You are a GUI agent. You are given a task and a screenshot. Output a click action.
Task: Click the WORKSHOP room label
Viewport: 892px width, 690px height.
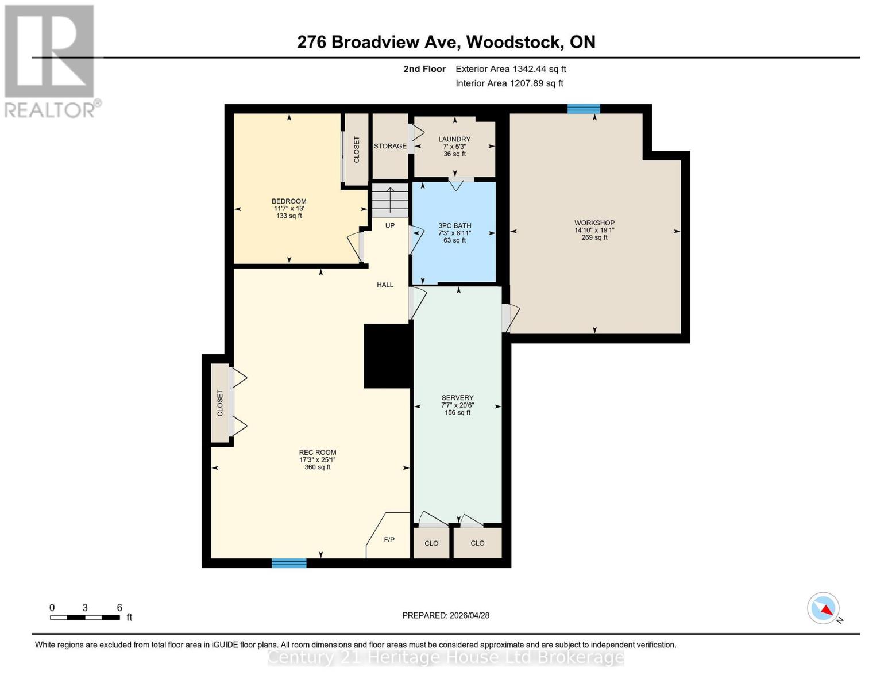point(594,223)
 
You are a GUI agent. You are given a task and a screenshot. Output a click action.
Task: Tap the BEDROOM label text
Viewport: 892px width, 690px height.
point(289,201)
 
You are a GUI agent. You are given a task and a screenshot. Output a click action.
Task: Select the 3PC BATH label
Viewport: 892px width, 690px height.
point(454,226)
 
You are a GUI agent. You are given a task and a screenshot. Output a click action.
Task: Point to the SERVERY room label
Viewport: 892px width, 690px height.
point(457,398)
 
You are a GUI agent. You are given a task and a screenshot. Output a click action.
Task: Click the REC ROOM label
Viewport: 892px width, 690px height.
point(318,453)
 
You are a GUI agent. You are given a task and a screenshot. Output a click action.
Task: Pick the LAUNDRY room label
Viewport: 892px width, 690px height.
point(454,139)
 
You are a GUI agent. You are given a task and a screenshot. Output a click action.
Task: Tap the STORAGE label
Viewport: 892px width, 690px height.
point(390,146)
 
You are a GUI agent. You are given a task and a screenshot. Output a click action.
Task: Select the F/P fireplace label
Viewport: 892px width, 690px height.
point(389,540)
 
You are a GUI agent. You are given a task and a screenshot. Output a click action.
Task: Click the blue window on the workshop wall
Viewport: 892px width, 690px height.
point(584,109)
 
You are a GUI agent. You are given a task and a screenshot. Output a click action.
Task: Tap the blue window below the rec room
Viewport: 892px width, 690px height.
point(289,563)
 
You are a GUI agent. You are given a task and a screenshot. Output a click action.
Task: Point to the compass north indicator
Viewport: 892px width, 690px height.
point(824,608)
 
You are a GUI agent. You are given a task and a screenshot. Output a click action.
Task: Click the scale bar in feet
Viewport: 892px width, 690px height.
point(85,618)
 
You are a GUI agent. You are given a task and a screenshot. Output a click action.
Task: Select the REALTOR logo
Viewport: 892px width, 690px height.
point(51,60)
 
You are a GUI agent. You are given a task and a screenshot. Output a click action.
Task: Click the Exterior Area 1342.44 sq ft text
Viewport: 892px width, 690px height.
point(511,69)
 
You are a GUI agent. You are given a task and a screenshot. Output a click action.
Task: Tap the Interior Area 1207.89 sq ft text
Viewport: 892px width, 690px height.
point(509,83)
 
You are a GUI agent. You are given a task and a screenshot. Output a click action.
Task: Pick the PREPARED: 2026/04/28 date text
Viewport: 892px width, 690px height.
point(446,615)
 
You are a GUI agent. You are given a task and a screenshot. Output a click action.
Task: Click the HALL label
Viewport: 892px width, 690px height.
point(385,285)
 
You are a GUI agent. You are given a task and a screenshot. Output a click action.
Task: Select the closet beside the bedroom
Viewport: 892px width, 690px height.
point(356,149)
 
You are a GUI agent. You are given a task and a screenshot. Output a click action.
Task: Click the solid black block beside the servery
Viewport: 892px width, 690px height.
point(388,356)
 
